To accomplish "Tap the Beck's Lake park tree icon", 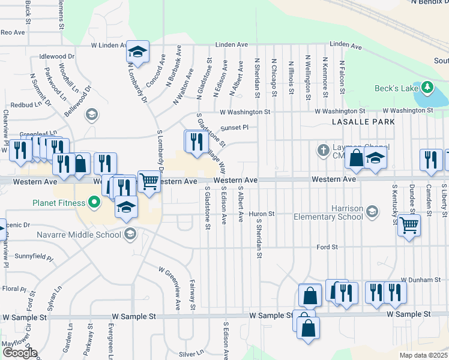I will (x=427, y=88).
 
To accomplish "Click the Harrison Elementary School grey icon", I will (x=372, y=211).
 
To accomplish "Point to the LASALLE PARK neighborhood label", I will (x=363, y=122).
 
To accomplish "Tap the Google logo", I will (x=19, y=353).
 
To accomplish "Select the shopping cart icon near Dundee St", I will (x=409, y=226).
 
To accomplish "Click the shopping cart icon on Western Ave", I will (x=149, y=181).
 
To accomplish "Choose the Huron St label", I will (x=262, y=214).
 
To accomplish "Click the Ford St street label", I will (x=328, y=247).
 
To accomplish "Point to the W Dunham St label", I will (x=417, y=280).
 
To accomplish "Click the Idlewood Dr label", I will (x=56, y=56).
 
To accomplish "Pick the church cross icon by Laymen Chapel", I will (x=323, y=149).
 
